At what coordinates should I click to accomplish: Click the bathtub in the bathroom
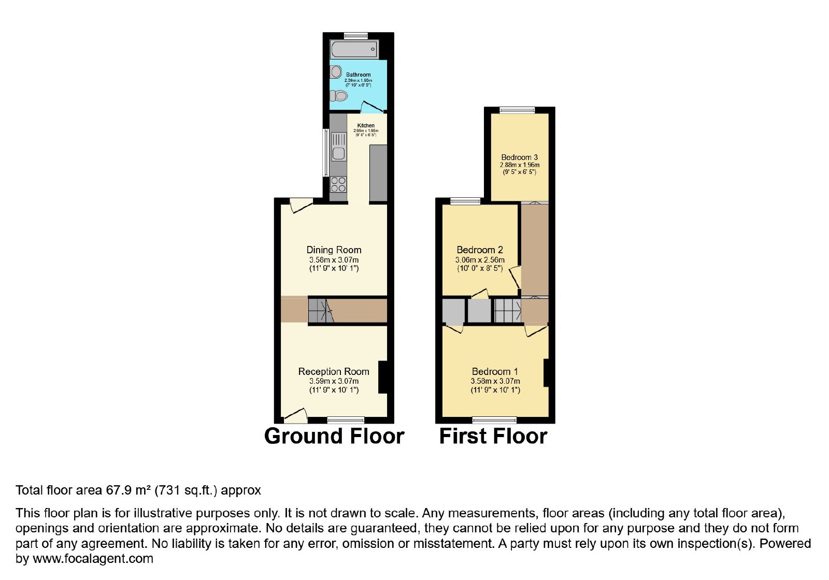coord(354,49)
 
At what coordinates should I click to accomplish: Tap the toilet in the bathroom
coord(339,96)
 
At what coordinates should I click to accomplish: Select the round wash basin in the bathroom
coord(336,72)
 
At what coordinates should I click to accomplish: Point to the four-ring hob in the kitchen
coord(338,184)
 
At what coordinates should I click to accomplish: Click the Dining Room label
coord(334,250)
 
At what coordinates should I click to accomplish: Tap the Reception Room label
coord(334,371)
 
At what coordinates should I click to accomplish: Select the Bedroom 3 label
coord(520,157)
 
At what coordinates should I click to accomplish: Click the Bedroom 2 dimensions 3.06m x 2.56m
coord(480,259)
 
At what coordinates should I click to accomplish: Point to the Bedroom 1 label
coord(495,371)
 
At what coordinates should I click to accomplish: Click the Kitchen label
coord(366,125)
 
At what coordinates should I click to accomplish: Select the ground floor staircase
coord(322,311)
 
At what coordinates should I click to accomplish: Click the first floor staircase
coord(508,311)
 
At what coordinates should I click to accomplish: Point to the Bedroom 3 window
coord(517,110)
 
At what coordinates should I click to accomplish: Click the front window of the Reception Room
coord(346,420)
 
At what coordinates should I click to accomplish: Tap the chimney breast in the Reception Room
coord(383,377)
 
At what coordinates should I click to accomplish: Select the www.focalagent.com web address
coord(93,558)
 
